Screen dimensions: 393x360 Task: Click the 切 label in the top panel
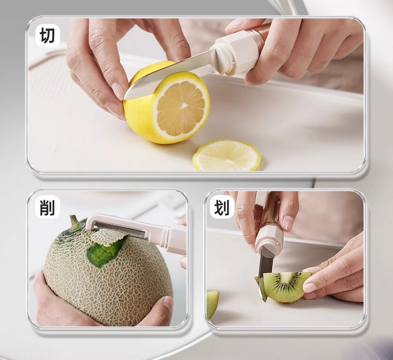point(47,35)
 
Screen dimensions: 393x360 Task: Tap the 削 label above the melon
point(47,207)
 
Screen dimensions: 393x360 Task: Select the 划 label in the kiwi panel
point(222,208)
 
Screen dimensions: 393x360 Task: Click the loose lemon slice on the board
point(226,155)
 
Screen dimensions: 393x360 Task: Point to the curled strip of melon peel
point(108,237)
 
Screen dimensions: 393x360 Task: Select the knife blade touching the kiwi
point(265,268)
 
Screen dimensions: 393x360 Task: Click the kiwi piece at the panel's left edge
point(212,304)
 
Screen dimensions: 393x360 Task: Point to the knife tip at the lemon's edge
point(126,96)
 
